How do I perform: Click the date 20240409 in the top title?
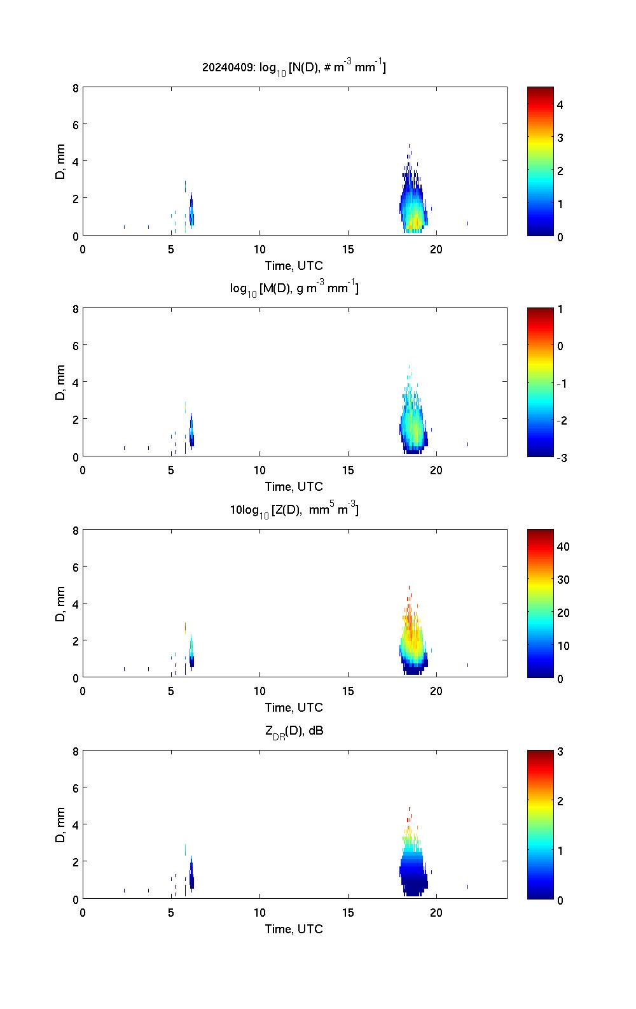pyautogui.click(x=227, y=67)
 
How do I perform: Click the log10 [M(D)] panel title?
pyautogui.click(x=294, y=288)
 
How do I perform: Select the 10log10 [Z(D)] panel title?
pyautogui.click(x=294, y=509)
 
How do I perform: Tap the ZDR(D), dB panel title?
pyautogui.click(x=294, y=731)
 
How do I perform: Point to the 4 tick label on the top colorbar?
pyautogui.click(x=560, y=104)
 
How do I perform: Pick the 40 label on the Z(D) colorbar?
pyautogui.click(x=563, y=546)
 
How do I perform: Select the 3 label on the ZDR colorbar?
pyautogui.click(x=560, y=752)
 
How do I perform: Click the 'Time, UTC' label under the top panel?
pyautogui.click(x=294, y=265)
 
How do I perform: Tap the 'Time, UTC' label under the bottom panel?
pyautogui.click(x=294, y=929)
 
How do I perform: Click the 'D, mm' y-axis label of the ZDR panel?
pyautogui.click(x=61, y=825)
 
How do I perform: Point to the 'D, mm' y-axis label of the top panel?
pyautogui.click(x=61, y=162)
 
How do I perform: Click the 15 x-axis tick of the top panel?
pyautogui.click(x=348, y=250)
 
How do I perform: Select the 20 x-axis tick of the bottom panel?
pyautogui.click(x=436, y=913)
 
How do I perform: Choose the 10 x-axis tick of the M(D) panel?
pyautogui.click(x=259, y=470)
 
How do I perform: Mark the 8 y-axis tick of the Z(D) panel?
pyautogui.click(x=75, y=530)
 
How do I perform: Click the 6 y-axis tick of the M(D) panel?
pyautogui.click(x=75, y=345)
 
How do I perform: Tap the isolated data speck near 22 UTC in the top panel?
pyautogui.click(x=467, y=223)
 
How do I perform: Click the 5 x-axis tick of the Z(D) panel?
pyautogui.click(x=171, y=691)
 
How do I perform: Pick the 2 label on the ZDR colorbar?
pyautogui.click(x=560, y=801)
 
